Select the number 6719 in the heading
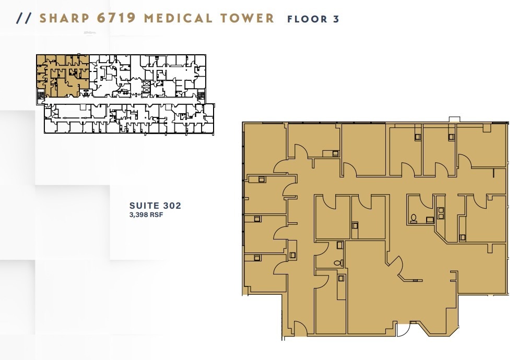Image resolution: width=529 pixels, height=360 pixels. tap(117, 18)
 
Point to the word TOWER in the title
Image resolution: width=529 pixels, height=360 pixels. tap(247, 18)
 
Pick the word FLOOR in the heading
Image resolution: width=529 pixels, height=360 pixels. tap(306, 19)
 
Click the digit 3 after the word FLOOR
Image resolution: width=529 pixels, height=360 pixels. tap(336, 19)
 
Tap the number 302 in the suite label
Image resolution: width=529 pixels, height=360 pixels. tap(170, 206)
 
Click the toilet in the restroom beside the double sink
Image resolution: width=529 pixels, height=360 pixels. tap(414, 219)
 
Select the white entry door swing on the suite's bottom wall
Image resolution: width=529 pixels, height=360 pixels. tap(403, 331)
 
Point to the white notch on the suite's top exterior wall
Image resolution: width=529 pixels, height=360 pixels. tap(454, 120)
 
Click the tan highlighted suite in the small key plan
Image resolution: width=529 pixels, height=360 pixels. tap(62, 76)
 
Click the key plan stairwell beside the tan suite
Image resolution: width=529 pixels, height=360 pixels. tap(40, 95)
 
